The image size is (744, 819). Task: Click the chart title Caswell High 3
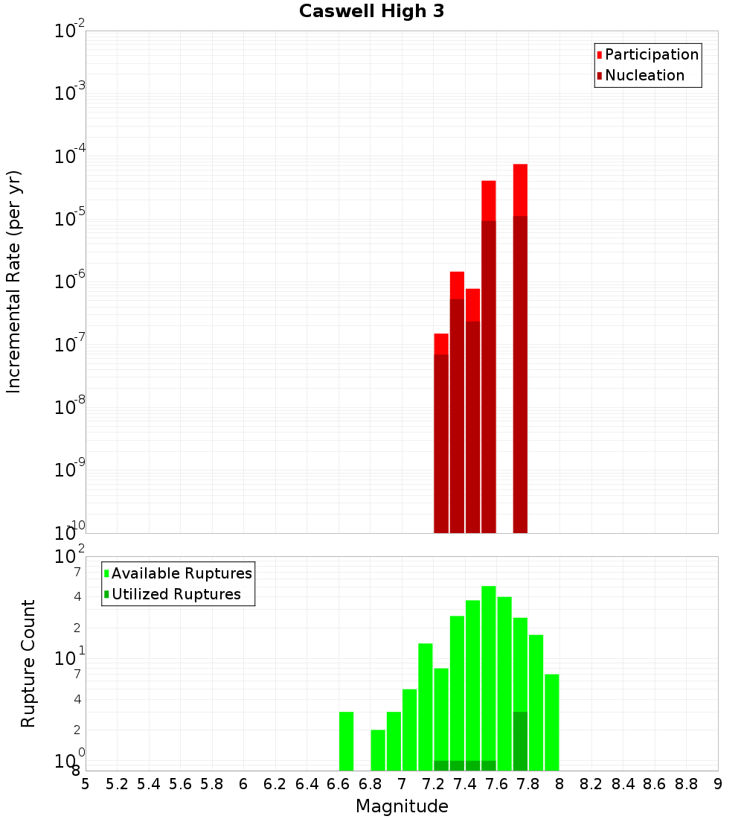[371, 12]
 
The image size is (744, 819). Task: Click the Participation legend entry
[651, 54]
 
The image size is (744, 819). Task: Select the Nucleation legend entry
[644, 75]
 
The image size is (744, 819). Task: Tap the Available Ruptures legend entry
[181, 573]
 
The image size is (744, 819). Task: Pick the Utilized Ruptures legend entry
[176, 594]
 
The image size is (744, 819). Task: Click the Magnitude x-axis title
[402, 806]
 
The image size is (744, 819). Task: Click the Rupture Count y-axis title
[28, 663]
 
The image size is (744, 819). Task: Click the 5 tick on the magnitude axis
[86, 784]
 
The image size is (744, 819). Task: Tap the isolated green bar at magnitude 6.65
[346, 741]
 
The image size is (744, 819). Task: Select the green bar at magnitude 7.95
[551, 722]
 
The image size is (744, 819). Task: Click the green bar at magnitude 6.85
[378, 750]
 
